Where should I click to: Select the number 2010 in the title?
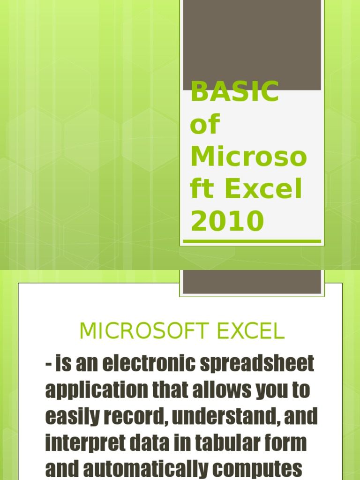(227, 222)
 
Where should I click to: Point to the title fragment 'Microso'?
(248, 157)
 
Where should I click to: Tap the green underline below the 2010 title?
(252, 241)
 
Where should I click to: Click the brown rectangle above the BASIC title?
(252, 45)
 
